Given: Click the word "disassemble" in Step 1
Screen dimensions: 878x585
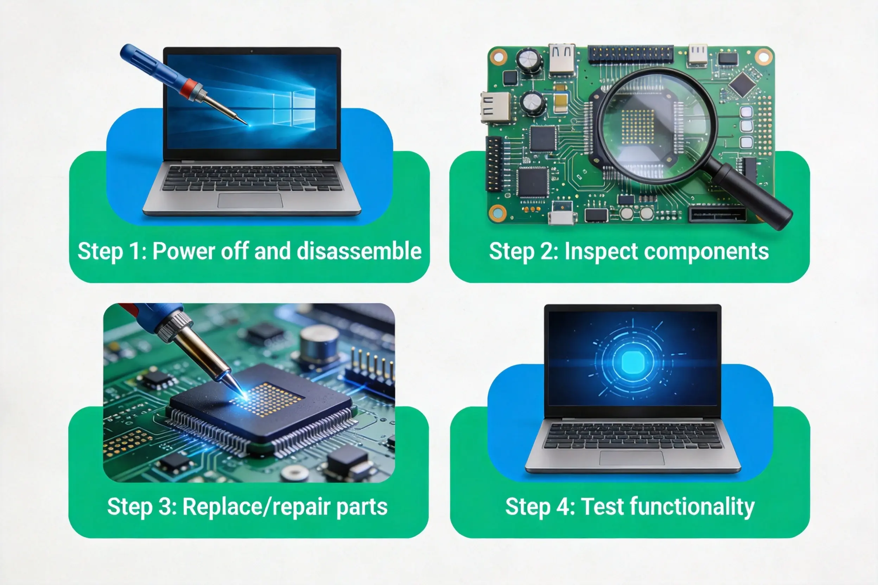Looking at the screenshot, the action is click(x=359, y=251).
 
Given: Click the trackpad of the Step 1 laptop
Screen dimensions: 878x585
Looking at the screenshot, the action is click(x=250, y=201).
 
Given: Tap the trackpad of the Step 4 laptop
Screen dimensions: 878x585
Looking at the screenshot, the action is click(x=632, y=458).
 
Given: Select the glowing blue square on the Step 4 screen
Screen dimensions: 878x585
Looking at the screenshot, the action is click(x=632, y=361).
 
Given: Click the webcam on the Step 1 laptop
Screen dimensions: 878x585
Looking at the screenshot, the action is click(x=252, y=51).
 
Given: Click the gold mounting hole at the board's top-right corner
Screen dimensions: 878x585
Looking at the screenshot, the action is click(x=763, y=57).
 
